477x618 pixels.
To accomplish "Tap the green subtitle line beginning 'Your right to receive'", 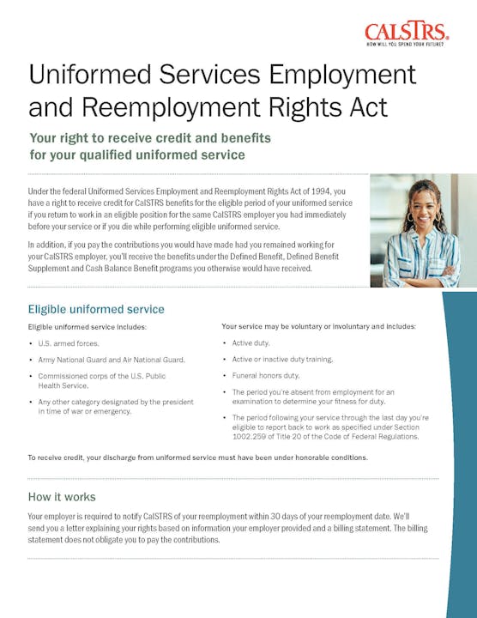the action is pyautogui.click(x=150, y=137).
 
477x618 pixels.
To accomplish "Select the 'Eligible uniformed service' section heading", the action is pyautogui.click(x=96, y=309).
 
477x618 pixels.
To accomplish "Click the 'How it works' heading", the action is pyautogui.click(x=62, y=497).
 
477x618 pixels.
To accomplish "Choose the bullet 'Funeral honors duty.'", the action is pyautogui.click(x=265, y=376).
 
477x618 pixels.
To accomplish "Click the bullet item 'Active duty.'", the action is pyautogui.click(x=251, y=343).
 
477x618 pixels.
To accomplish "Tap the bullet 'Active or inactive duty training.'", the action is pyautogui.click(x=282, y=360).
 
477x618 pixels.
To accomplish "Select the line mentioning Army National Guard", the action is pyautogui.click(x=112, y=360).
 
